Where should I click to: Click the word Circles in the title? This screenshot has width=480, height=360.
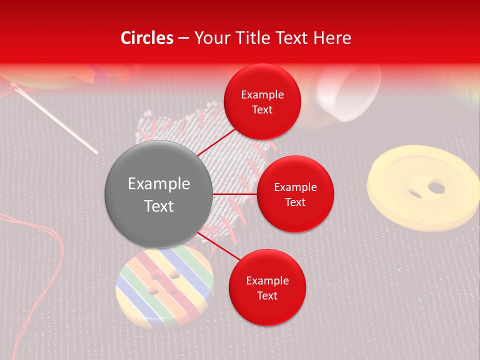146,38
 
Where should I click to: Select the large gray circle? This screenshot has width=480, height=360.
158,194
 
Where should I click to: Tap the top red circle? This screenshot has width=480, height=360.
262,102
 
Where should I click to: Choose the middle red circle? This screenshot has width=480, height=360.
295,194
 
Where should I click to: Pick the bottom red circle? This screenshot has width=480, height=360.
267,288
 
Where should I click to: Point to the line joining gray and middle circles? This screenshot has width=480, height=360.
235,194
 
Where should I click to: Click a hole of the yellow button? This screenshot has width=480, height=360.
436,188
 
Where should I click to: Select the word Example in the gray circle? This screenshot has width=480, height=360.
158,183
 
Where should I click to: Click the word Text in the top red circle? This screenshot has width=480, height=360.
262,110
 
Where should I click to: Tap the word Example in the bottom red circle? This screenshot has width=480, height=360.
267,280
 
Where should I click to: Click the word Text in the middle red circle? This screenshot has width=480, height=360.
295,202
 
